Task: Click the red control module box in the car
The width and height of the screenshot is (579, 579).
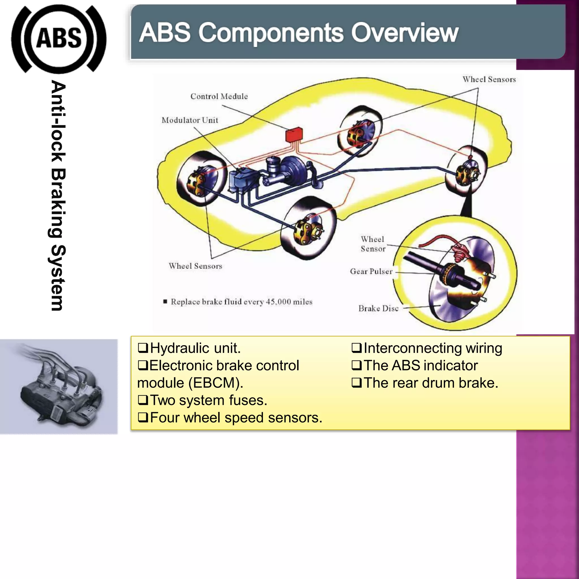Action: click(x=294, y=135)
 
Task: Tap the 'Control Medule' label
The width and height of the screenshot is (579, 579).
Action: click(x=219, y=96)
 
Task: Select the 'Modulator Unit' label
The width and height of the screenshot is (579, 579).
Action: click(x=190, y=120)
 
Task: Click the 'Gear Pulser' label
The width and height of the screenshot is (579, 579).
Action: click(x=371, y=271)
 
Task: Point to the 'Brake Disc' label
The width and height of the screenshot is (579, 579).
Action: click(x=378, y=308)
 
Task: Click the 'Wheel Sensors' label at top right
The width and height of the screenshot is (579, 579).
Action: click(x=489, y=79)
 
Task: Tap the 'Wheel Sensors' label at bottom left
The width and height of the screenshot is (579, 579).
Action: click(x=195, y=266)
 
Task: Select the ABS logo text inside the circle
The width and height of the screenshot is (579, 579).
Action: click(x=59, y=38)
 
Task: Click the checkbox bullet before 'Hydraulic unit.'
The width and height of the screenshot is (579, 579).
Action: click(x=143, y=348)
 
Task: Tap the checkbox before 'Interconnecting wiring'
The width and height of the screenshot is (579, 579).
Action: click(x=356, y=348)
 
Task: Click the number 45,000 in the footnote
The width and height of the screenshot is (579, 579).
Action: click(x=278, y=302)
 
